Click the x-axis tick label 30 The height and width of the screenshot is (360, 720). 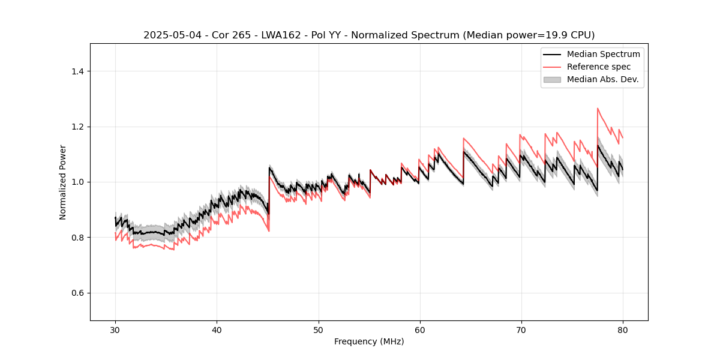click(115, 330)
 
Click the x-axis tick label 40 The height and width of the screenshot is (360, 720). click(217, 330)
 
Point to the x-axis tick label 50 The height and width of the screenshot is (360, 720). click(318, 330)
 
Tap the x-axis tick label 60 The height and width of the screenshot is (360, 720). click(419, 330)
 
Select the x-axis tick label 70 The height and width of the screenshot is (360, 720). click(521, 330)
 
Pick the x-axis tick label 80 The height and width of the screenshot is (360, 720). click(622, 330)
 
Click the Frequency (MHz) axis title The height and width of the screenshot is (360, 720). click(369, 341)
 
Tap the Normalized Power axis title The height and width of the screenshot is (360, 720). click(63, 182)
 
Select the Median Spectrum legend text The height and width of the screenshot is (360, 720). click(603, 54)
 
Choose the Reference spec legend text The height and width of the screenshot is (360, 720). click(599, 67)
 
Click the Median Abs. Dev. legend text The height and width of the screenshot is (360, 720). click(602, 79)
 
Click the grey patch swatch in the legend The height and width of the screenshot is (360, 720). click(552, 79)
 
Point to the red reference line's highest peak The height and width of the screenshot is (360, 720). click(598, 109)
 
